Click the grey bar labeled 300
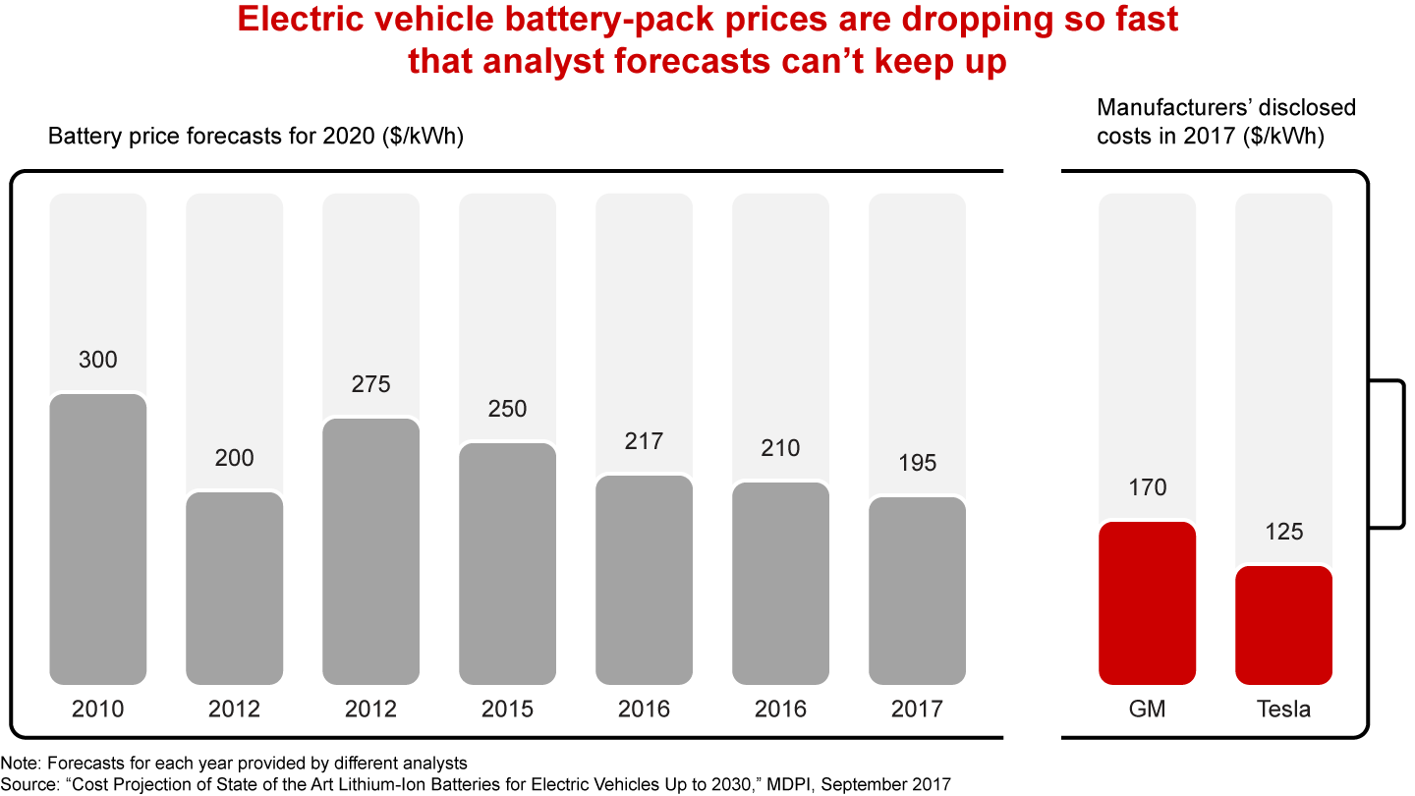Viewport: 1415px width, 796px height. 97,539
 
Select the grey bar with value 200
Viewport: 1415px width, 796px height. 234,588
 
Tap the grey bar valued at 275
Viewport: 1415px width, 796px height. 370,550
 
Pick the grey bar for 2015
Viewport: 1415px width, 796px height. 507,563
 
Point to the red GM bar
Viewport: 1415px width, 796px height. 1147,602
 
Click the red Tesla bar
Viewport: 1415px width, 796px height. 1283,625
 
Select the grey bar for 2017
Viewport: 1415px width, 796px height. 917,591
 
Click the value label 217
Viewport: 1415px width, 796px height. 644,441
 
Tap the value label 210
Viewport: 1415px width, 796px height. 780,448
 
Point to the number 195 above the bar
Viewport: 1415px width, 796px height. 917,463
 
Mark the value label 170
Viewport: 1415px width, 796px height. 1147,487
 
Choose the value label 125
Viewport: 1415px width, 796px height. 1283,532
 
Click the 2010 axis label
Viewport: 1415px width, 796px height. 97,709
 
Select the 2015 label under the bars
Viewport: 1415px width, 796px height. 507,709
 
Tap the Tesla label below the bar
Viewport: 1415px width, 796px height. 1283,709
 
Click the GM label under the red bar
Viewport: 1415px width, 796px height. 1147,709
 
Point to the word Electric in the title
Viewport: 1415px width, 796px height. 300,21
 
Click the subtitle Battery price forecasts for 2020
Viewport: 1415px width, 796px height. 255,137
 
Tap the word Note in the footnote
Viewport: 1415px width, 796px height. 17,764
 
